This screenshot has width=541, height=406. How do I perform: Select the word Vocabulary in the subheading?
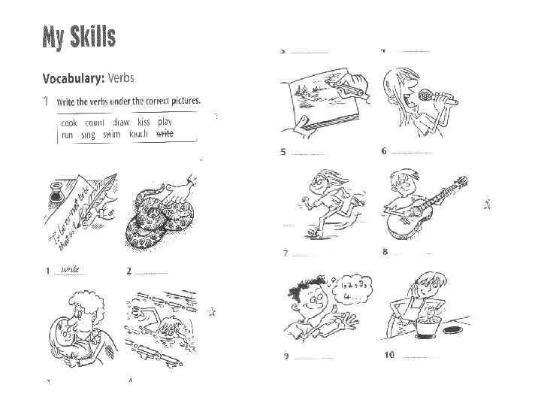tap(73, 77)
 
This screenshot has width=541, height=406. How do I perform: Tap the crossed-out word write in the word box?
tap(165, 133)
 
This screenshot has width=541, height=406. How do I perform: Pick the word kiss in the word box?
tap(144, 122)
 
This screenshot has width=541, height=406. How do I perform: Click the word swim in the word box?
tap(111, 134)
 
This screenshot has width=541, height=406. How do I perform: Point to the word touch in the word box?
tap(139, 134)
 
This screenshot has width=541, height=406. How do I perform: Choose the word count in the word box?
tap(95, 123)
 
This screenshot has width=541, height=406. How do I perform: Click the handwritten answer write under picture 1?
tap(71, 268)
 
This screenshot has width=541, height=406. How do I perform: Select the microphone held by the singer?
tap(427, 96)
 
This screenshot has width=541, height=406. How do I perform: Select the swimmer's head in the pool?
tap(172, 326)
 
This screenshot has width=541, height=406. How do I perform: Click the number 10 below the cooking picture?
tap(388, 354)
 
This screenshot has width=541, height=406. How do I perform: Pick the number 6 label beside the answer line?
tap(384, 150)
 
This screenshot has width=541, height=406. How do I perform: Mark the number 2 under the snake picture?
tap(129, 271)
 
